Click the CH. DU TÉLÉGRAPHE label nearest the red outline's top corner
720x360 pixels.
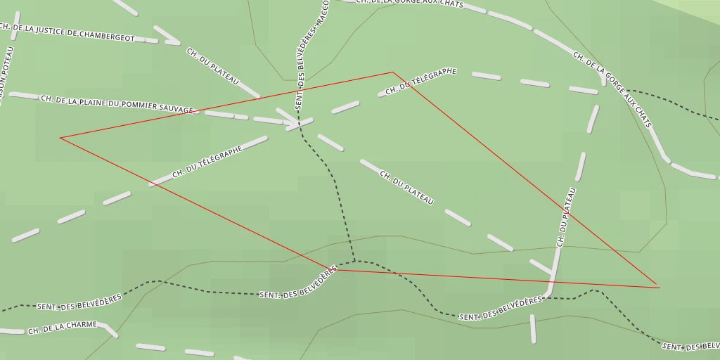coord(421,82)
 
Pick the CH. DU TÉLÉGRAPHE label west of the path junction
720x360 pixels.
coord(207,162)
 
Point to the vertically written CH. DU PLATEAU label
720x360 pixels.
coord(567,216)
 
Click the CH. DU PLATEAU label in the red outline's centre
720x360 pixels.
coord(406,188)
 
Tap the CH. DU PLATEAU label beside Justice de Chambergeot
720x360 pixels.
coord(212,67)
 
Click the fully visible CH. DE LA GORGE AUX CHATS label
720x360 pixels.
coord(612,89)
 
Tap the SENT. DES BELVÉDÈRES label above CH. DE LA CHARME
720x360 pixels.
coord(79,302)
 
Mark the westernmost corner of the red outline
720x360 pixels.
coord(60,138)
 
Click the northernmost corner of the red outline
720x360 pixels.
coord(392,72)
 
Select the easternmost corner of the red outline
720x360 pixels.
coord(659,287)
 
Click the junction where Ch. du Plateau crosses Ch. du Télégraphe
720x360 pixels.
coord(298,125)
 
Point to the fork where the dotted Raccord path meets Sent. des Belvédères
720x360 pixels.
coord(354,262)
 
